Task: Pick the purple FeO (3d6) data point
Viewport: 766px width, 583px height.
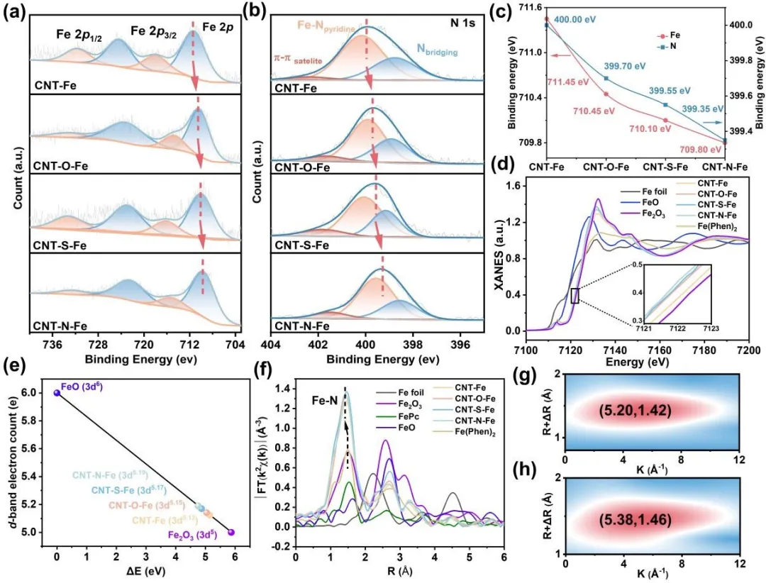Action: (57, 393)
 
